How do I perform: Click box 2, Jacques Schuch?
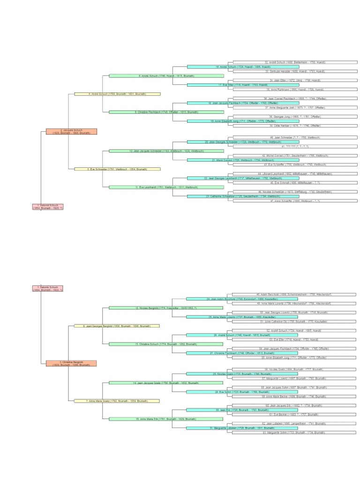71,131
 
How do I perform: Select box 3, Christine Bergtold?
71,363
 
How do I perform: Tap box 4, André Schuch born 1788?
117,94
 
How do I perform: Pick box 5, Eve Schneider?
117,169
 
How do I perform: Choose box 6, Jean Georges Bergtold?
117,326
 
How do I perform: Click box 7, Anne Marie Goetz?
117,401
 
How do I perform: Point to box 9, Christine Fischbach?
153,112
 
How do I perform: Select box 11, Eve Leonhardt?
153,187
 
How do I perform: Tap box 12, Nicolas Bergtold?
153,307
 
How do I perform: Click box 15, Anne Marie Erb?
153,419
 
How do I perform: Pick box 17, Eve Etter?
242,85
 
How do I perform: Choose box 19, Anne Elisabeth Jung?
242,121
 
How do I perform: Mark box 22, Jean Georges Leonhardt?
242,178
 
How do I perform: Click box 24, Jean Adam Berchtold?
242,299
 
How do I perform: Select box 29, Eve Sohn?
242,392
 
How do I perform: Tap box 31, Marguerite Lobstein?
242,428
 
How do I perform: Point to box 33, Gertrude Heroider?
295,71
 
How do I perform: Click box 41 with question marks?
295,146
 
